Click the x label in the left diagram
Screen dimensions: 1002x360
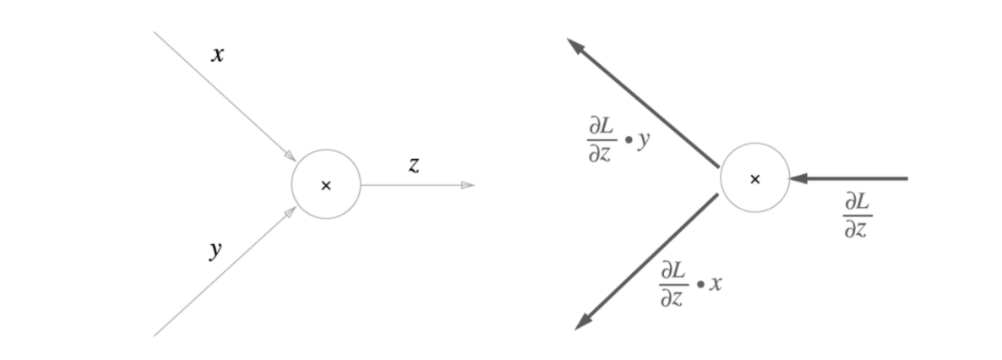tap(218, 56)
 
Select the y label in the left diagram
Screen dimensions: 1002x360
tap(216, 249)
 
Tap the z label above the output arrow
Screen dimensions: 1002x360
tap(413, 166)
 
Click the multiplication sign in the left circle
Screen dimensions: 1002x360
tap(326, 186)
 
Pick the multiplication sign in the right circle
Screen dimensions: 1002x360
tap(755, 179)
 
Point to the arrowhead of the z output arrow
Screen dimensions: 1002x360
tap(467, 185)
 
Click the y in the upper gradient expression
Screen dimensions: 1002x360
tap(644, 139)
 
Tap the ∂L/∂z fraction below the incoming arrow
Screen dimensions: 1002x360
tap(857, 215)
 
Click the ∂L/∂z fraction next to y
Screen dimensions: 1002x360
tap(599, 139)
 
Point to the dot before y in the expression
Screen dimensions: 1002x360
tap(626, 139)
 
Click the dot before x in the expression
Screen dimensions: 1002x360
tap(700, 285)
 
